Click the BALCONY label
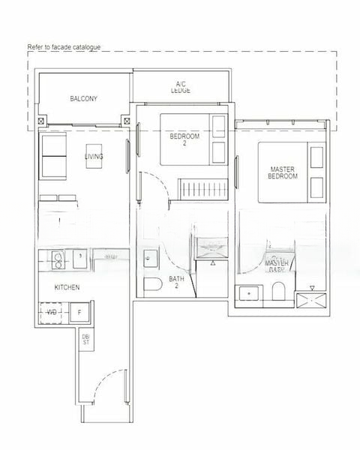[83, 98]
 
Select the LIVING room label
[94, 156]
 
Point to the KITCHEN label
[67, 287]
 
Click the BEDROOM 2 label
[184, 139]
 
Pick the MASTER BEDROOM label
[283, 173]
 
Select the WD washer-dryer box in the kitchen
[52, 312]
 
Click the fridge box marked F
[79, 312]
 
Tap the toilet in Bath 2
[153, 285]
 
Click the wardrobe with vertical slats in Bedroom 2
[200, 188]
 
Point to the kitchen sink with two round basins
[58, 259]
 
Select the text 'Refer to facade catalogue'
[63, 46]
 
